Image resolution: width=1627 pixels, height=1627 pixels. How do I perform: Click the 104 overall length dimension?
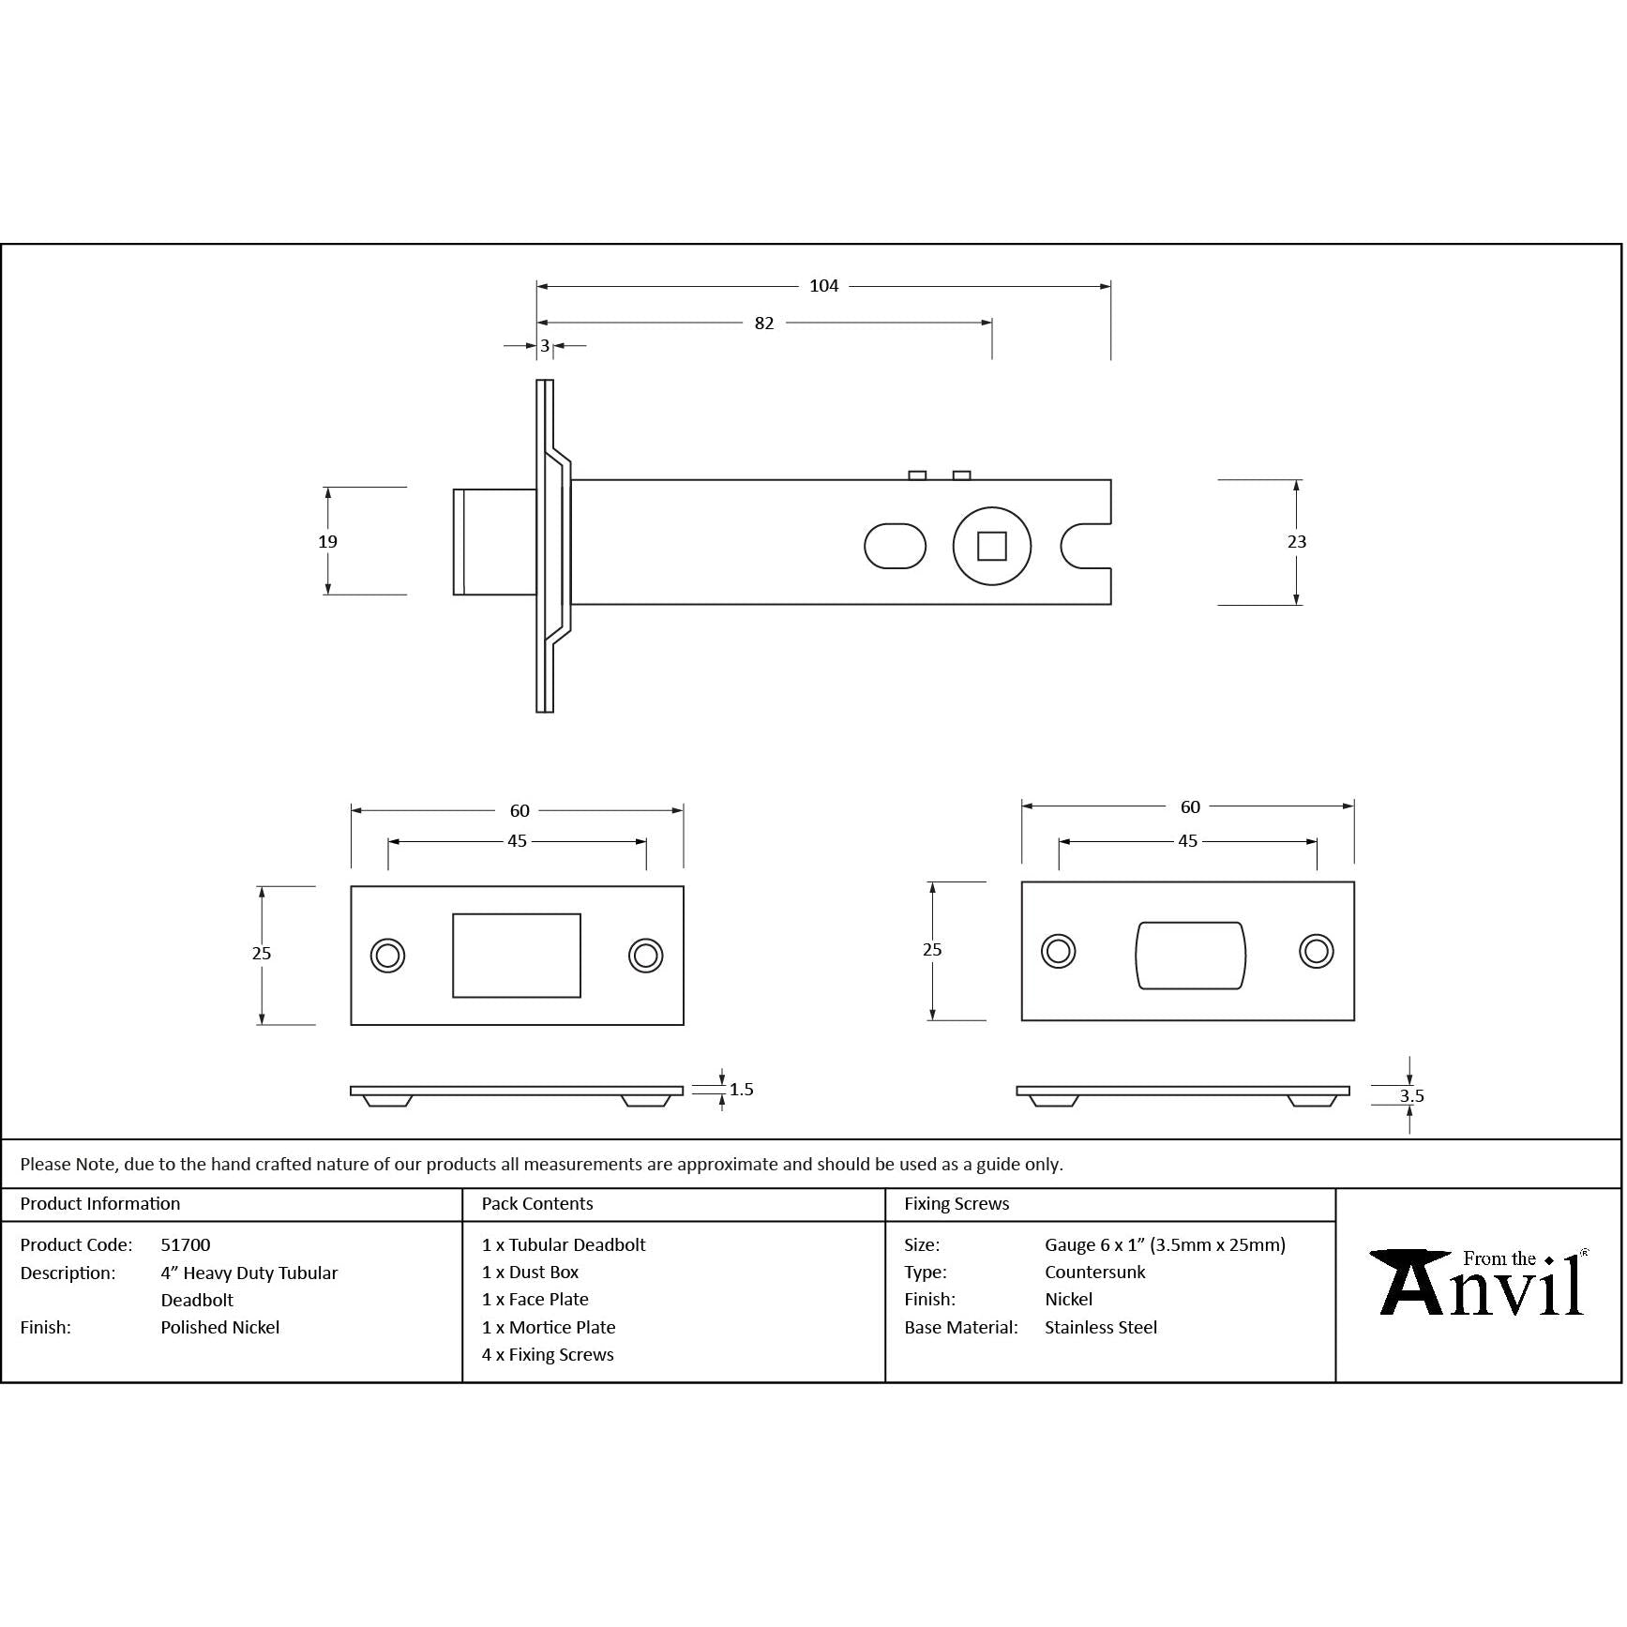[x=824, y=286]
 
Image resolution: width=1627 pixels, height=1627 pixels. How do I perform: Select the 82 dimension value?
[x=764, y=323]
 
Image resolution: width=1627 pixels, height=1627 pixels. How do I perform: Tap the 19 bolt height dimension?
[x=327, y=541]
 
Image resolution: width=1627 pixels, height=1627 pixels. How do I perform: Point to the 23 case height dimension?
[x=1297, y=541]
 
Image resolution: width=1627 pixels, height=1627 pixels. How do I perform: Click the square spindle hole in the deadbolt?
[x=992, y=546]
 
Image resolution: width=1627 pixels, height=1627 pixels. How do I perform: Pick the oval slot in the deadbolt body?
[x=895, y=546]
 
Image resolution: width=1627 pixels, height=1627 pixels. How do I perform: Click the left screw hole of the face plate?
[x=387, y=956]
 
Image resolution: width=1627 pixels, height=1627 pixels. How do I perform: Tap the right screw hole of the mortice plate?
[x=1317, y=951]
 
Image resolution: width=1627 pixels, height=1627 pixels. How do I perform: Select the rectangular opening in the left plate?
[x=517, y=956]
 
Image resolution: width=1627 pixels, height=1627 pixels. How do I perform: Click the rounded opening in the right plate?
[x=1190, y=956]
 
